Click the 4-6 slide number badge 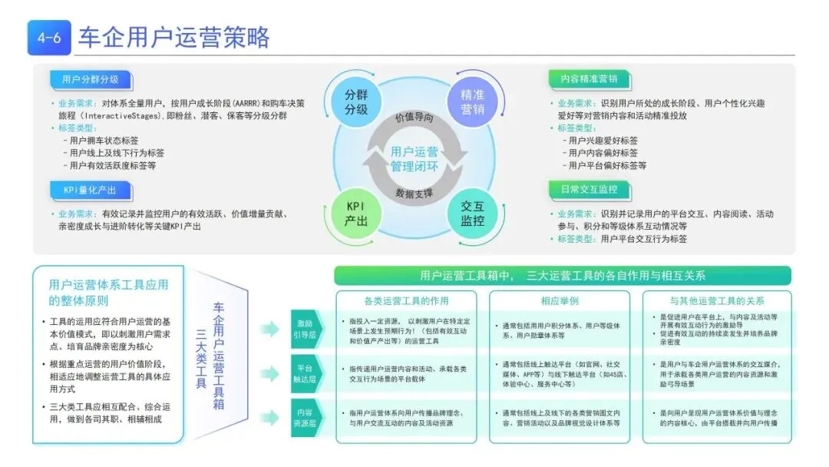click(x=48, y=38)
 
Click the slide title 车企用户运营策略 click(x=173, y=38)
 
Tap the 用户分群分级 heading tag click(x=90, y=79)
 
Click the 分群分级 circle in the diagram click(x=355, y=102)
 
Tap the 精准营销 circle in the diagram click(x=472, y=102)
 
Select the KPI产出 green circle click(x=356, y=214)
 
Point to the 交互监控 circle click(x=472, y=214)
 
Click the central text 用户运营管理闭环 click(x=414, y=158)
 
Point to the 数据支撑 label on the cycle click(x=414, y=193)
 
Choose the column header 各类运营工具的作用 click(x=406, y=300)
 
